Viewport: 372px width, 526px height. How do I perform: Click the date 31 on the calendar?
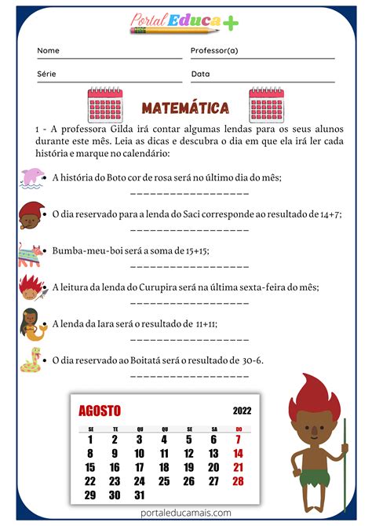click(140, 495)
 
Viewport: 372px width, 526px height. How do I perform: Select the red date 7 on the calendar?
click(239, 440)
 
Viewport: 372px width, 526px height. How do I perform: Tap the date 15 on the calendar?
click(90, 467)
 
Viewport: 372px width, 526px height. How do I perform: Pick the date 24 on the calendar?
click(140, 481)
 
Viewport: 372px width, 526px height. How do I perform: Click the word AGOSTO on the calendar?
click(100, 411)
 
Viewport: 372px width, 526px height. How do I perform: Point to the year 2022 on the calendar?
click(243, 411)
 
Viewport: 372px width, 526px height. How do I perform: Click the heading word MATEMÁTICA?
click(185, 108)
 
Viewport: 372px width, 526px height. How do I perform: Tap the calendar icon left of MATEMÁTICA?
click(104, 104)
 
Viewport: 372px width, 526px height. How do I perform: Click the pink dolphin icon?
click(32, 177)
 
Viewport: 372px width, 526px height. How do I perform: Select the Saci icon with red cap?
click(30, 214)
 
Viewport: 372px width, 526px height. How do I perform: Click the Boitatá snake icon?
click(31, 361)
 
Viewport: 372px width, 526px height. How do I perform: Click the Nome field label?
click(48, 50)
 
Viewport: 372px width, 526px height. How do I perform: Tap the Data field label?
click(200, 74)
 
